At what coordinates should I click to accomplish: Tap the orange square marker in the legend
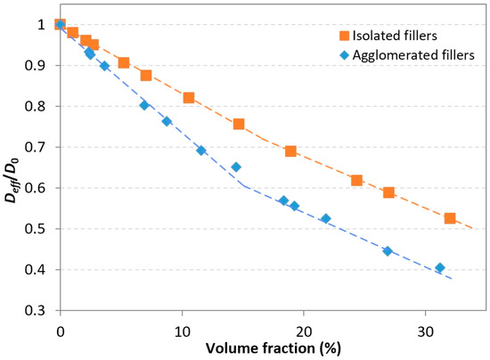pos(339,36)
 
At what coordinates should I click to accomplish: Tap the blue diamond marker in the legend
pos(339,54)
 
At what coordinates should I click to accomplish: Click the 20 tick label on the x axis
pos(303,326)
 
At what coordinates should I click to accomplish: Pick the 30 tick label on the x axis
pos(425,326)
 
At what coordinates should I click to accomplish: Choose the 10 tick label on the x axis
pos(182,326)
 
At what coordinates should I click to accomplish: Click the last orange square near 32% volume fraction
pos(450,218)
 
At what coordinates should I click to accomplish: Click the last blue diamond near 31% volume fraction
pos(439,267)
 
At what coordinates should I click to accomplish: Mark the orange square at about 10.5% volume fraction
pos(188,97)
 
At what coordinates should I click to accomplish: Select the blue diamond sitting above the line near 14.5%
pos(236,167)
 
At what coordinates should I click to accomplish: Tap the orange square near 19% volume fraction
pos(290,151)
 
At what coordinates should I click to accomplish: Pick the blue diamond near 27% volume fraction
pos(388,251)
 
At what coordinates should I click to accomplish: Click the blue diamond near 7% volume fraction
pos(144,105)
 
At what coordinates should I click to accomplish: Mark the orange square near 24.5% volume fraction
pos(356,181)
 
